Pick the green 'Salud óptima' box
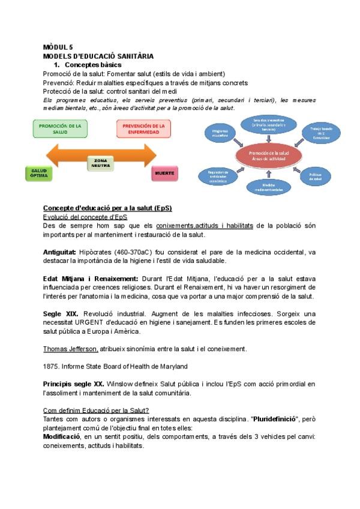[39, 173]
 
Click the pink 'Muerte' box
[164, 173]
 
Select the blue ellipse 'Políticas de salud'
[316, 175]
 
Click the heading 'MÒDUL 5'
[58, 47]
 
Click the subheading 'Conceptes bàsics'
[93, 64]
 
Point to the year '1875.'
[51, 366]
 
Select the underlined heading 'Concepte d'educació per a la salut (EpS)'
[107, 208]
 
